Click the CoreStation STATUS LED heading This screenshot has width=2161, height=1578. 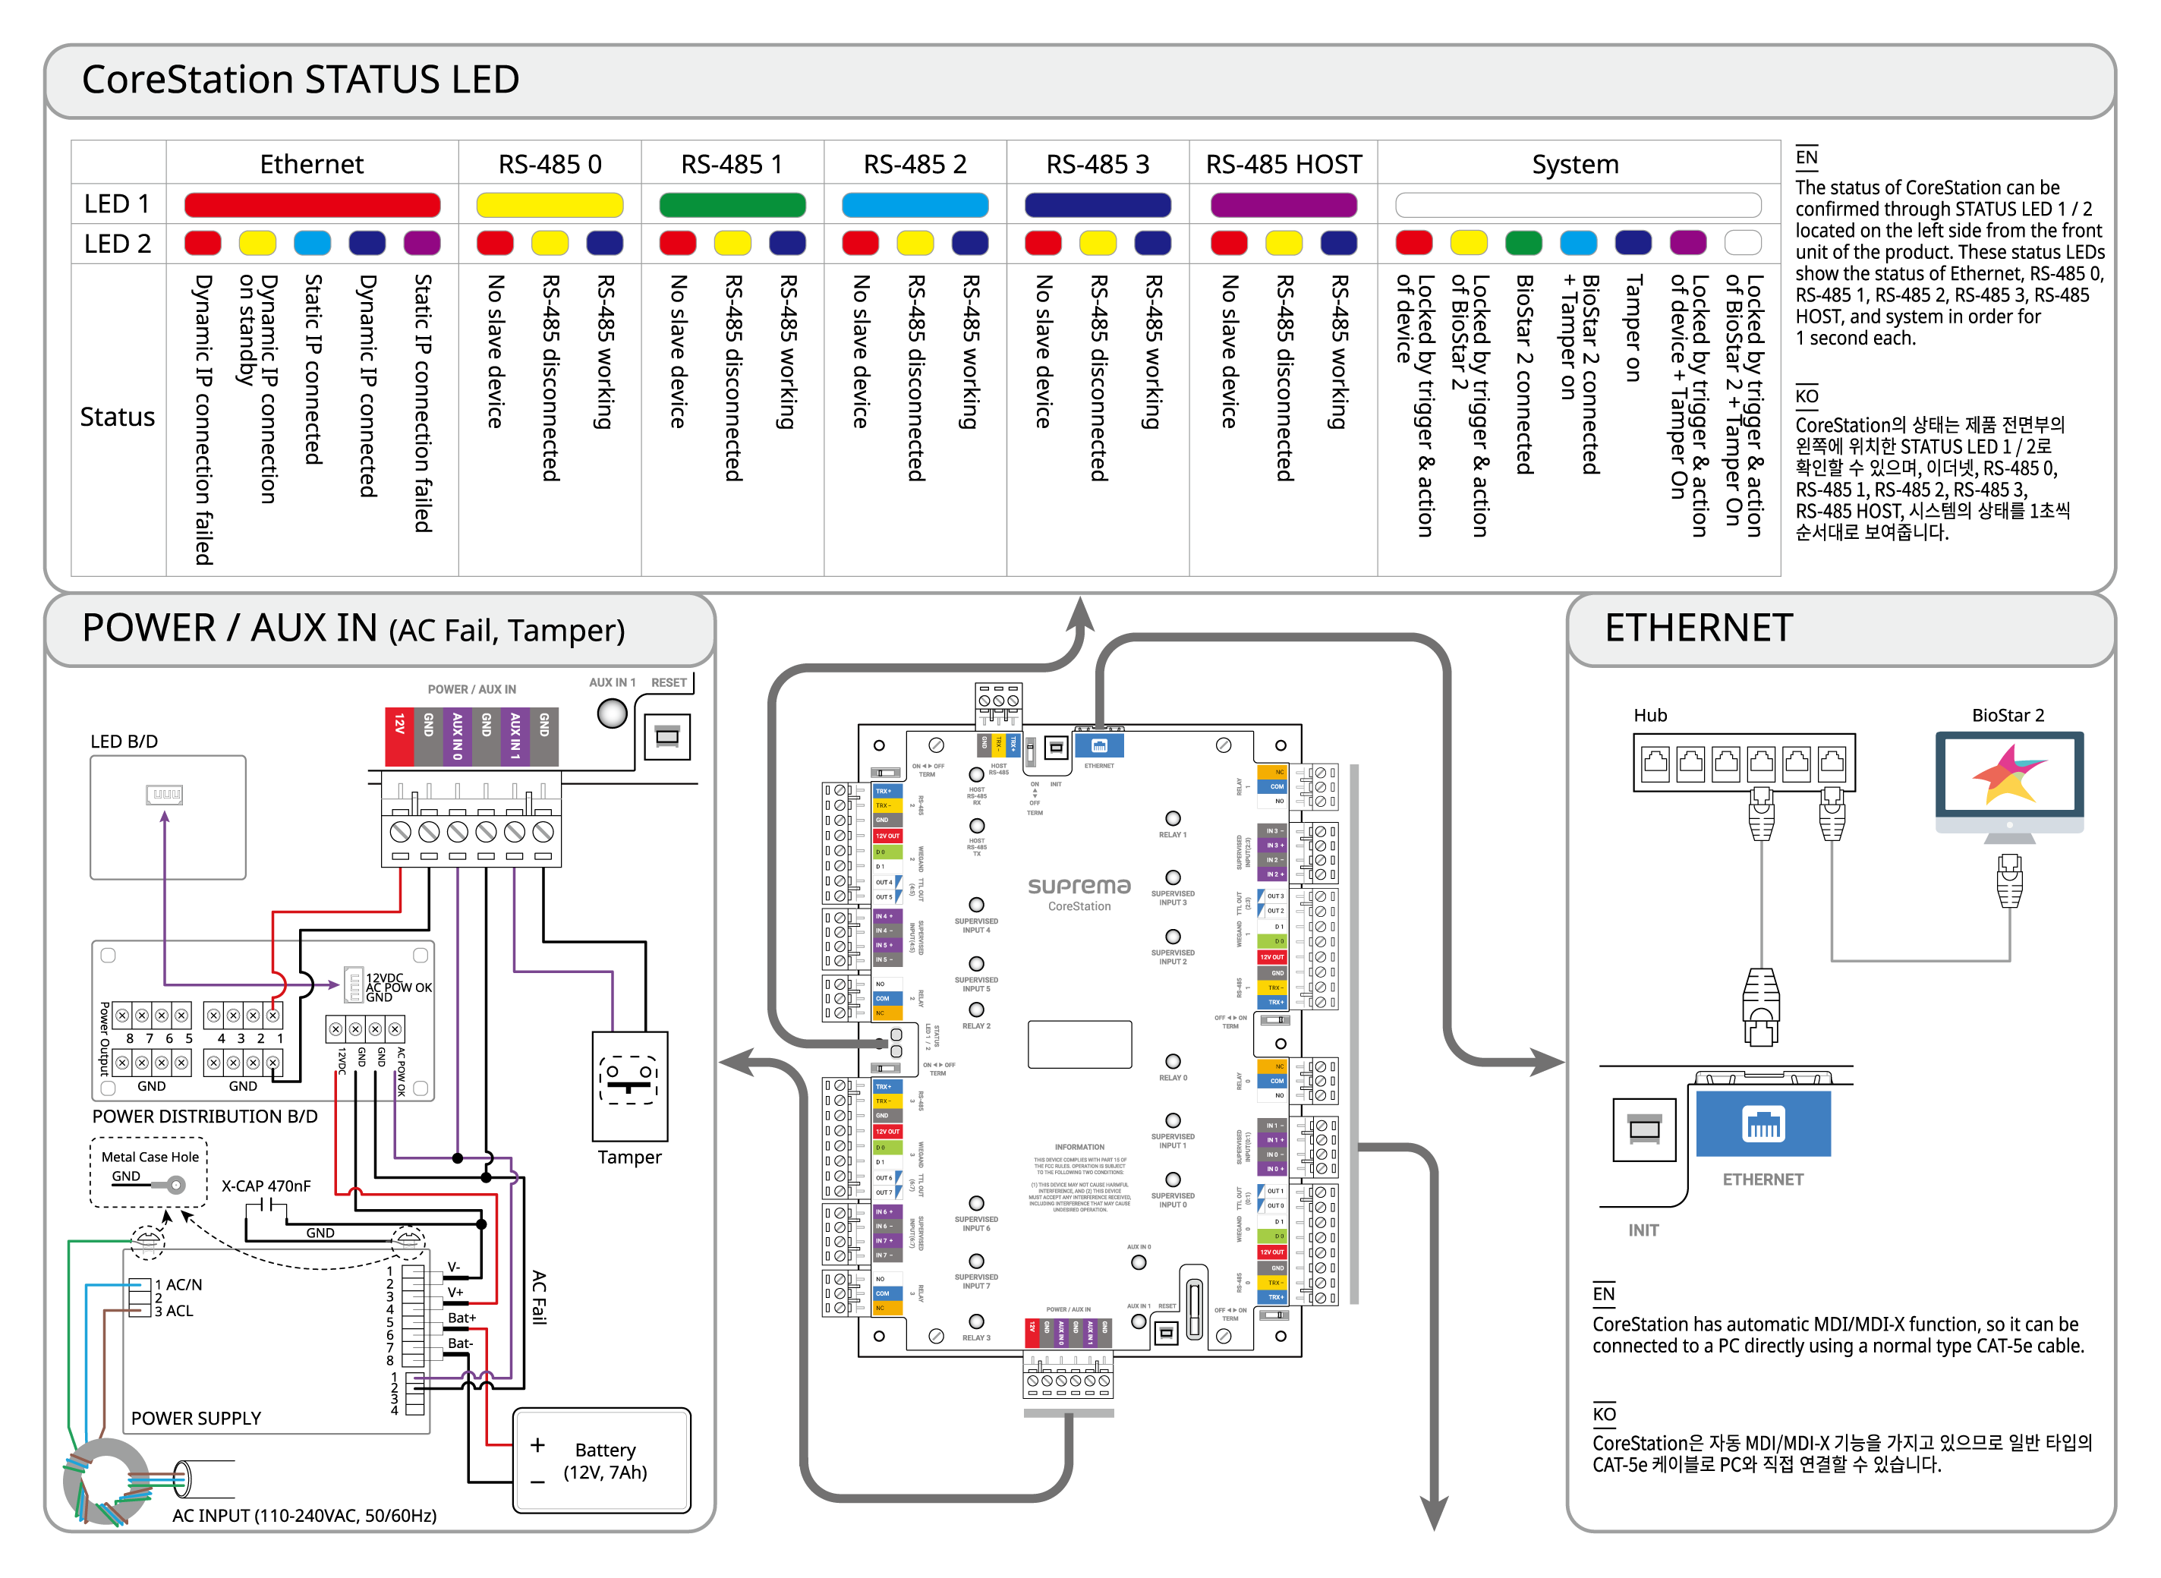click(300, 79)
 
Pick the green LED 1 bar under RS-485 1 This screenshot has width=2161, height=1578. click(732, 204)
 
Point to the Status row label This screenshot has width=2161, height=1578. click(117, 417)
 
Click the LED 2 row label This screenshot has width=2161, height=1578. click(117, 244)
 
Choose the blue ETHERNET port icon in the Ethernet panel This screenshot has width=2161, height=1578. click(1763, 1123)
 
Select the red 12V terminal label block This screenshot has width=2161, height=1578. click(399, 735)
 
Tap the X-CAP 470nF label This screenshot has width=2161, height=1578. click(266, 1186)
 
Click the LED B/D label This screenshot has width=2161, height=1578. click(124, 742)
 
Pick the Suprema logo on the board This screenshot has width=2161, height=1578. click(1079, 887)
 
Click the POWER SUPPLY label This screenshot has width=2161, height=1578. click(196, 1419)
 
